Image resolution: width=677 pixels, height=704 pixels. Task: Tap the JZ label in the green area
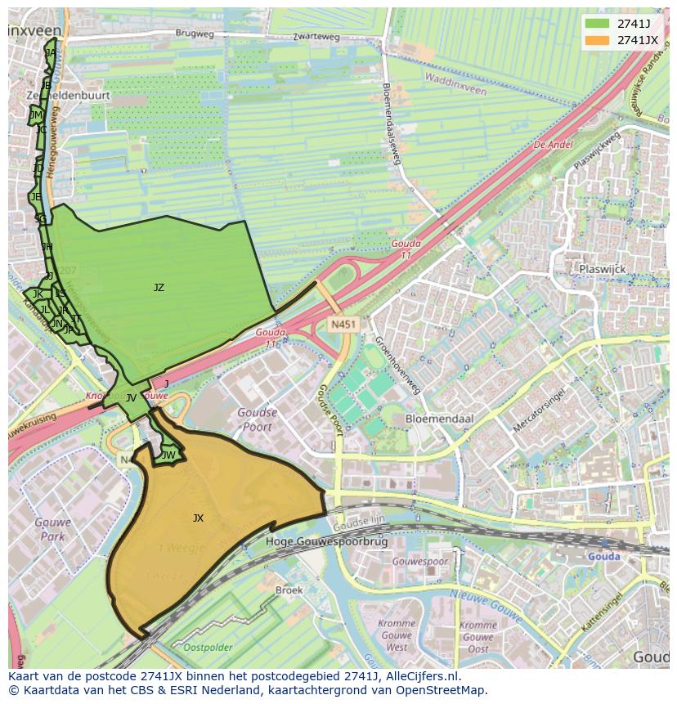[159, 288]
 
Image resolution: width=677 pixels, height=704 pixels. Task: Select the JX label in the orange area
[198, 518]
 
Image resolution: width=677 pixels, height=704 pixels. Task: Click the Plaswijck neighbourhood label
[603, 268]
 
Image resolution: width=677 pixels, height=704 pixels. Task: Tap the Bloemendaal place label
[440, 418]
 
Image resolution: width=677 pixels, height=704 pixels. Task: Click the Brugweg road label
[194, 34]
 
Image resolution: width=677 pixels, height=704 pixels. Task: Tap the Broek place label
[289, 590]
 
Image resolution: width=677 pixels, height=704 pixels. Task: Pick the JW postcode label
[168, 455]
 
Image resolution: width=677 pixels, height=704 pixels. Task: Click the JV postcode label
[131, 398]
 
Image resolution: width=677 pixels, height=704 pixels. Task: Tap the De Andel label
[553, 145]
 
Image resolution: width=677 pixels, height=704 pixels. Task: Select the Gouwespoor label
[419, 563]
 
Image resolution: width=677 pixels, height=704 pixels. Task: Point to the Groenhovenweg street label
[397, 364]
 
